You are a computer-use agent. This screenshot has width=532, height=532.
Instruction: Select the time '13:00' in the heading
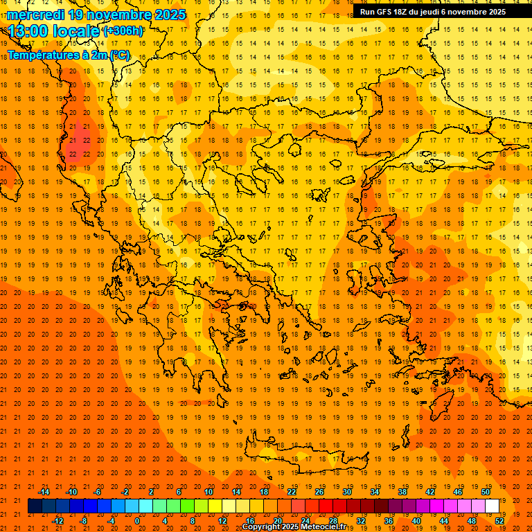coord(28,31)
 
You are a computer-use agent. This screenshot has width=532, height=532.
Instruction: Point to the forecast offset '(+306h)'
coord(123,31)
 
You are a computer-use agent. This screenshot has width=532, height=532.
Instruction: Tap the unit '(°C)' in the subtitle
coord(119,55)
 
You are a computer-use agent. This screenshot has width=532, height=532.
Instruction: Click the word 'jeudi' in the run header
coord(429,12)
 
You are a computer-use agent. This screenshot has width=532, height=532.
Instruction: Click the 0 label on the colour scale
coord(137,521)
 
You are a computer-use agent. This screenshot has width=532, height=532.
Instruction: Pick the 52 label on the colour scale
coord(499,521)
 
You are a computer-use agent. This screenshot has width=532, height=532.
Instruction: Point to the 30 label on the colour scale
coord(347,492)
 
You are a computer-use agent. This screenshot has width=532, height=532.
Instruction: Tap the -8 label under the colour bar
coord(84,521)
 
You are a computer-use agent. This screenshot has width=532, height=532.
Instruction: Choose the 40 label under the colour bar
coord(416,521)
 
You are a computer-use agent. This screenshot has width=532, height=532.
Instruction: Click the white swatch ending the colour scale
coord(492,506)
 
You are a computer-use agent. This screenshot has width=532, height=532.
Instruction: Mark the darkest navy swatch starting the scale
coord(35,506)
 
